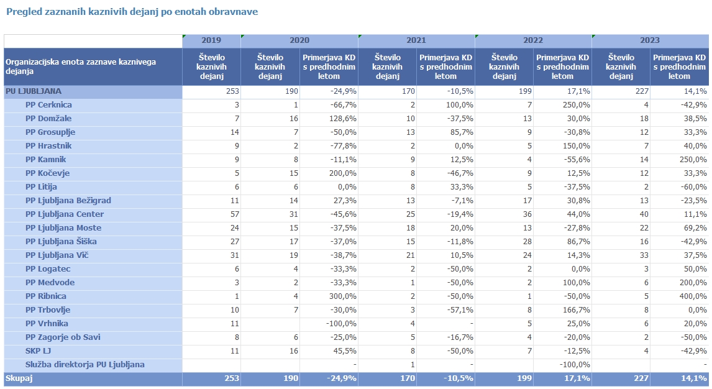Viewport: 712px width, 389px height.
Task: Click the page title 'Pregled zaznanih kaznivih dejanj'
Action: [132, 12]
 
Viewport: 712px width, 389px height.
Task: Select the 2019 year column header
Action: [211, 40]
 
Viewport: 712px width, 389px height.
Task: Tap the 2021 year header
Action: [416, 40]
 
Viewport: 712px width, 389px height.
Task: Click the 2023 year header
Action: [650, 40]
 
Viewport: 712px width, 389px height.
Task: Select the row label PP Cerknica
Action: [48, 105]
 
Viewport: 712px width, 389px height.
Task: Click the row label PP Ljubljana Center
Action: [65, 214]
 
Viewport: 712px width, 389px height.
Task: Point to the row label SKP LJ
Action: [38, 351]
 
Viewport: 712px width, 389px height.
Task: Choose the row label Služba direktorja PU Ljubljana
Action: [84, 365]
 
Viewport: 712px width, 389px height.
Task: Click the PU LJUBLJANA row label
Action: [34, 91]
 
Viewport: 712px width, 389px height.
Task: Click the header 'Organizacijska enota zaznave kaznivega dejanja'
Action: [81, 66]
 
